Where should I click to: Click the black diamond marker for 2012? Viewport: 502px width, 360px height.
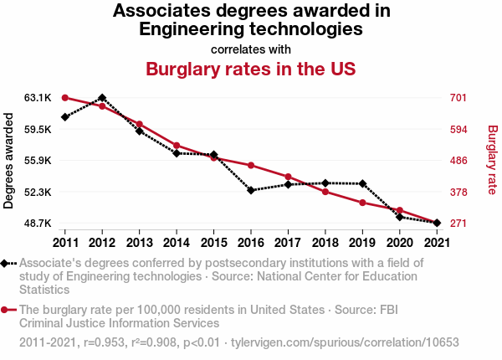click(102, 98)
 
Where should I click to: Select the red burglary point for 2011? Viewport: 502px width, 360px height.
click(64, 98)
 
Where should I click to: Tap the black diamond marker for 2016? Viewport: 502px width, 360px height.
click(250, 190)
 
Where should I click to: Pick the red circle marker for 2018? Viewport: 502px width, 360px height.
click(325, 192)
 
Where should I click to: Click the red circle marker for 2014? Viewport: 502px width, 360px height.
click(177, 146)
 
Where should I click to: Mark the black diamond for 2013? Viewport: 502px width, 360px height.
click(139, 131)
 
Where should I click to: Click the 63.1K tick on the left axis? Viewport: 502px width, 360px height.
click(38, 98)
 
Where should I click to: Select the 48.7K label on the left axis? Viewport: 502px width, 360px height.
click(38, 224)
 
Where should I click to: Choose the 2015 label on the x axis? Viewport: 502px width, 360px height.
click(213, 242)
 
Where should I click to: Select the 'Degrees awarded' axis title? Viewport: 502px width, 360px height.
click(9, 161)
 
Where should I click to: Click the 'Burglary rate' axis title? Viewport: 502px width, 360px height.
click(492, 161)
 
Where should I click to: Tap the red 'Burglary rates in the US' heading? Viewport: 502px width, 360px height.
click(251, 69)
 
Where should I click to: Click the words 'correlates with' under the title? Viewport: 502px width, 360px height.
click(251, 49)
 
